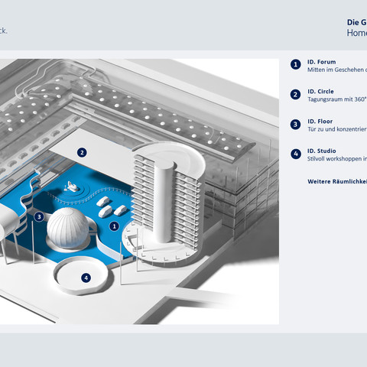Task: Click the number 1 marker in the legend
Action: click(295, 65)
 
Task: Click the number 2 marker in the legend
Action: click(295, 95)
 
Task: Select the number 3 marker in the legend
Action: click(295, 124)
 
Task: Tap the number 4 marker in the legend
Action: click(295, 154)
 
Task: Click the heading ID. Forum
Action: click(322, 61)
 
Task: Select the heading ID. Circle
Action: click(322, 91)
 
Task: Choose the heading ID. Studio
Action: click(322, 151)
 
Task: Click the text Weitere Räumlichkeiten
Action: click(337, 181)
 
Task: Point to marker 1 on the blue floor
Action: click(113, 226)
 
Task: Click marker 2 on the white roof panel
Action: click(82, 152)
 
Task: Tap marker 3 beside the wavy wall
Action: click(39, 216)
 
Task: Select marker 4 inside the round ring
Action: click(86, 278)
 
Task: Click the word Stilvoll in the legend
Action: click(317, 158)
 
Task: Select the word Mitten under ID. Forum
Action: click(317, 69)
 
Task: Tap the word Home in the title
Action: click(356, 33)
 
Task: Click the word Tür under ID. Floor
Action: click(312, 128)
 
